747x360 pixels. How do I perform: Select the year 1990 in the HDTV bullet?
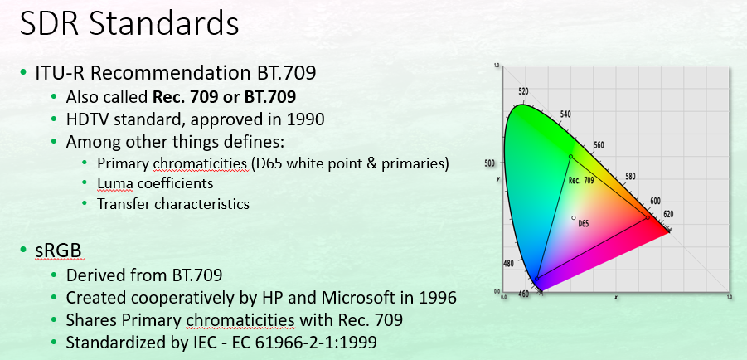pyautogui.click(x=305, y=119)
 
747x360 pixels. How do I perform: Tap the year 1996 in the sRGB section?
pyautogui.click(x=438, y=298)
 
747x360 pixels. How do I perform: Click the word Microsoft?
pyautogui.click(x=363, y=298)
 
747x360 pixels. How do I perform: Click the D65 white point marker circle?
pyautogui.click(x=574, y=218)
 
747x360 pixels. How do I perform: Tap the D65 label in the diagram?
pyautogui.click(x=583, y=223)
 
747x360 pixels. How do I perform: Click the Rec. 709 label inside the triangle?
pyautogui.click(x=581, y=181)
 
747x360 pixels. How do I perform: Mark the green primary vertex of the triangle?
pyautogui.click(x=570, y=157)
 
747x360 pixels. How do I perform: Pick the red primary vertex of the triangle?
pyautogui.click(x=648, y=217)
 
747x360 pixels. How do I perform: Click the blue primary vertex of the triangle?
pyautogui.click(x=537, y=279)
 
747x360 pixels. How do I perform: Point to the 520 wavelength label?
pyautogui.click(x=523, y=91)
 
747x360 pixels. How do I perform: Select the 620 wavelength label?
pyautogui.click(x=668, y=214)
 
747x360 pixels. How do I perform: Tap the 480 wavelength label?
pyautogui.click(x=508, y=264)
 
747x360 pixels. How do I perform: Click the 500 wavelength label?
pyautogui.click(x=490, y=163)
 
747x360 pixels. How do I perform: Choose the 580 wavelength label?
pyautogui.click(x=630, y=177)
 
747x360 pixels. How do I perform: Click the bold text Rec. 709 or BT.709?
pyautogui.click(x=224, y=97)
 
